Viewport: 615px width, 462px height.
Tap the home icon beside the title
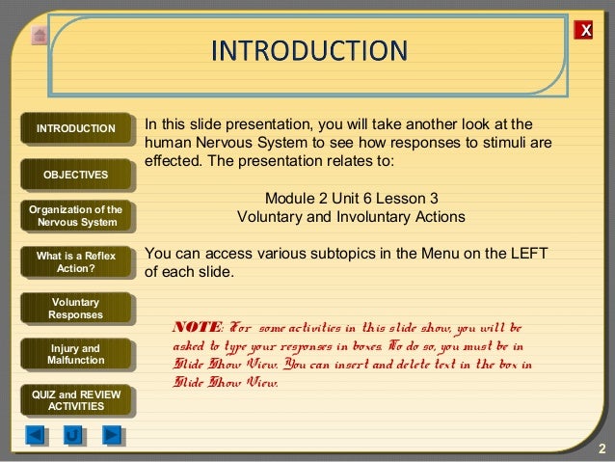(39, 36)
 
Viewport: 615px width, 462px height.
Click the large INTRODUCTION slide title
(308, 49)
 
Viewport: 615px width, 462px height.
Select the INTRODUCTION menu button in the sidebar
(75, 129)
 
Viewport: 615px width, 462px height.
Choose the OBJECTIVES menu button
(75, 174)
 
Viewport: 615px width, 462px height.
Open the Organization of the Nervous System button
(75, 217)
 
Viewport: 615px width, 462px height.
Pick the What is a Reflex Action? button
(75, 261)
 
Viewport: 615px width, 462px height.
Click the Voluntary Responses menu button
(75, 308)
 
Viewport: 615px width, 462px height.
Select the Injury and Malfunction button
(75, 354)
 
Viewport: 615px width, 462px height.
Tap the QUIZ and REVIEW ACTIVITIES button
(75, 399)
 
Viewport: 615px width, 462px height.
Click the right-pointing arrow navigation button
(112, 435)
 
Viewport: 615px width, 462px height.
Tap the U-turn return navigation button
(73, 435)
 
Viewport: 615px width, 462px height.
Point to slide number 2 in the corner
(601, 450)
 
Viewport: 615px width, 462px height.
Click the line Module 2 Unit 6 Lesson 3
(351, 200)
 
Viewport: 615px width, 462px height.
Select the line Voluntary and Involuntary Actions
(351, 217)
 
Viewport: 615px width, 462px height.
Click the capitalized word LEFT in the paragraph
(526, 254)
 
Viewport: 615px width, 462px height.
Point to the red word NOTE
(196, 328)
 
